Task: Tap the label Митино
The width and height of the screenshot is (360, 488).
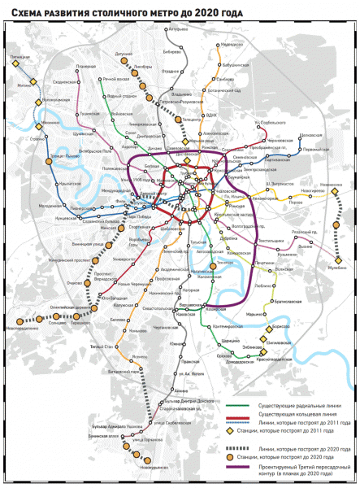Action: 24,84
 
